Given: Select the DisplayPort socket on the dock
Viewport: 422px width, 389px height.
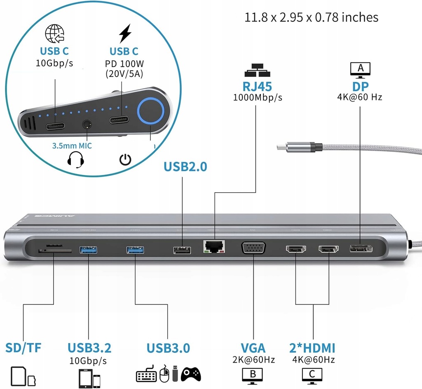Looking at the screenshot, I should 361,248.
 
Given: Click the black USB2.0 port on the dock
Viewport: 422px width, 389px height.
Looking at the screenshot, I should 182,250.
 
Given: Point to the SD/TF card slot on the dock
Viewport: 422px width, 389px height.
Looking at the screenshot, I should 54,250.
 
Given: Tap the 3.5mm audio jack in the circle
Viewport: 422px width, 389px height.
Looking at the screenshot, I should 87,123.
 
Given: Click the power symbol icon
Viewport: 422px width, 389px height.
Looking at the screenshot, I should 126,160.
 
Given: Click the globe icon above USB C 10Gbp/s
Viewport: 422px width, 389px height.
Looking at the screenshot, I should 54,33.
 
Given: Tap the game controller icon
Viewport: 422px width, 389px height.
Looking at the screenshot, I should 191,374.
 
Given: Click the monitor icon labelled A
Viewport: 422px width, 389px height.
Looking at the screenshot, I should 360,70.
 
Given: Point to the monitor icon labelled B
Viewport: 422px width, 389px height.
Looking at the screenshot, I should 253,375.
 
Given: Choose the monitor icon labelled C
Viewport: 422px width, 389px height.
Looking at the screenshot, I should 312,375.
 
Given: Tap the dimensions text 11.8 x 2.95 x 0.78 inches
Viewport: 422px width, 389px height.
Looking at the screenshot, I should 311,17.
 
